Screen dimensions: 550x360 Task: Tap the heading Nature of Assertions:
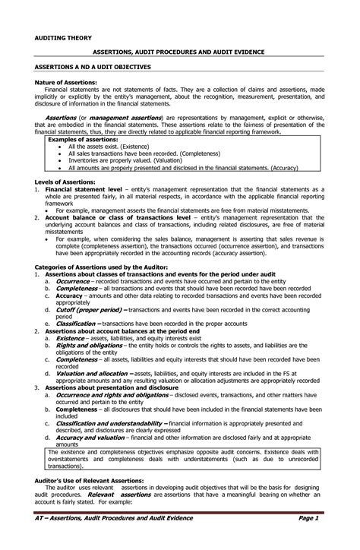coord(66,81)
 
